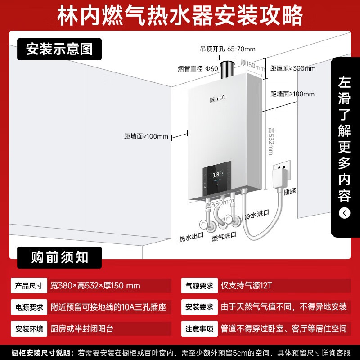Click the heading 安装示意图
click(x=59, y=49)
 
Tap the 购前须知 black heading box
click(x=59, y=257)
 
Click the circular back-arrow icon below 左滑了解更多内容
click(x=344, y=213)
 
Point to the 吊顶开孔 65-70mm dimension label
click(x=228, y=49)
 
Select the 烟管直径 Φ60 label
click(x=198, y=68)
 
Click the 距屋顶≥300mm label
click(x=293, y=68)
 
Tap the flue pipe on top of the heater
click(x=227, y=70)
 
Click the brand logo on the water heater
click(x=217, y=99)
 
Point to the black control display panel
click(x=217, y=178)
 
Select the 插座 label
click(x=289, y=192)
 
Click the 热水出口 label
click(x=192, y=237)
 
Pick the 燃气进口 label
click(x=224, y=237)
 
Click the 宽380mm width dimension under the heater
click(x=220, y=203)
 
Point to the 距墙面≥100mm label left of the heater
click(x=146, y=136)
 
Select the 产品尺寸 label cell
click(x=29, y=286)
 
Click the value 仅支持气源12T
click(x=246, y=286)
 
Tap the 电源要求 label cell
click(x=29, y=307)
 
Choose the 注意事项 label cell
click(x=199, y=329)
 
